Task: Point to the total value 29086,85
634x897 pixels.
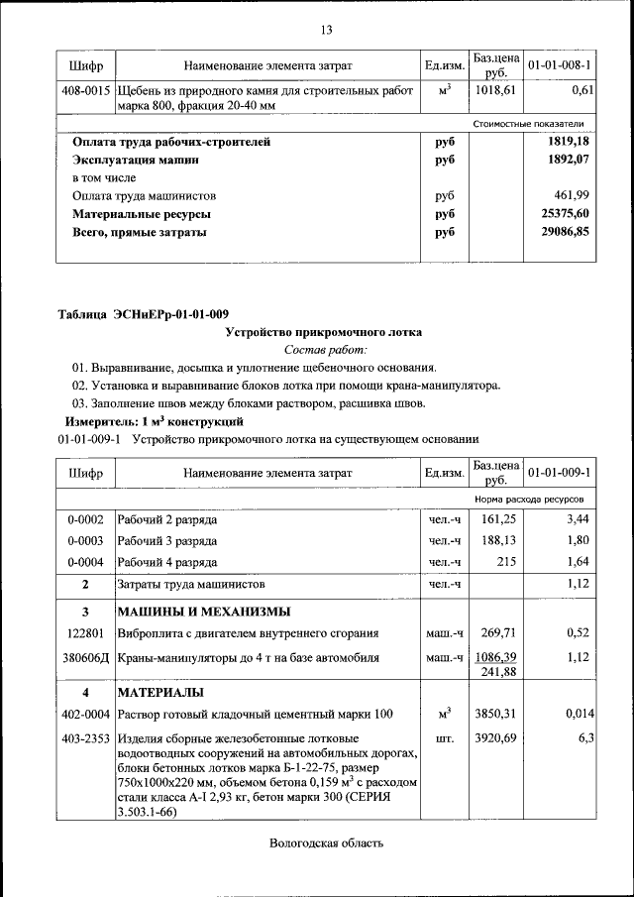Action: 560,232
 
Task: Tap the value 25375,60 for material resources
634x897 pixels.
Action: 560,214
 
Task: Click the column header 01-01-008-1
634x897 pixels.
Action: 560,65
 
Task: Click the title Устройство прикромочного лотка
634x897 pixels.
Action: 325,332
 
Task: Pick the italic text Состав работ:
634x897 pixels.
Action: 325,349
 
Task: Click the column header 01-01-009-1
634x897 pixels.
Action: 560,472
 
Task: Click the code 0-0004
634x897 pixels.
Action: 85,562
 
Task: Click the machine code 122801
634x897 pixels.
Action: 85,632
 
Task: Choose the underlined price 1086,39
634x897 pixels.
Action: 496,656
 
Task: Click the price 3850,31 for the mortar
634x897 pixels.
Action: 496,714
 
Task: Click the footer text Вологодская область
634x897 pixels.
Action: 325,843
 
